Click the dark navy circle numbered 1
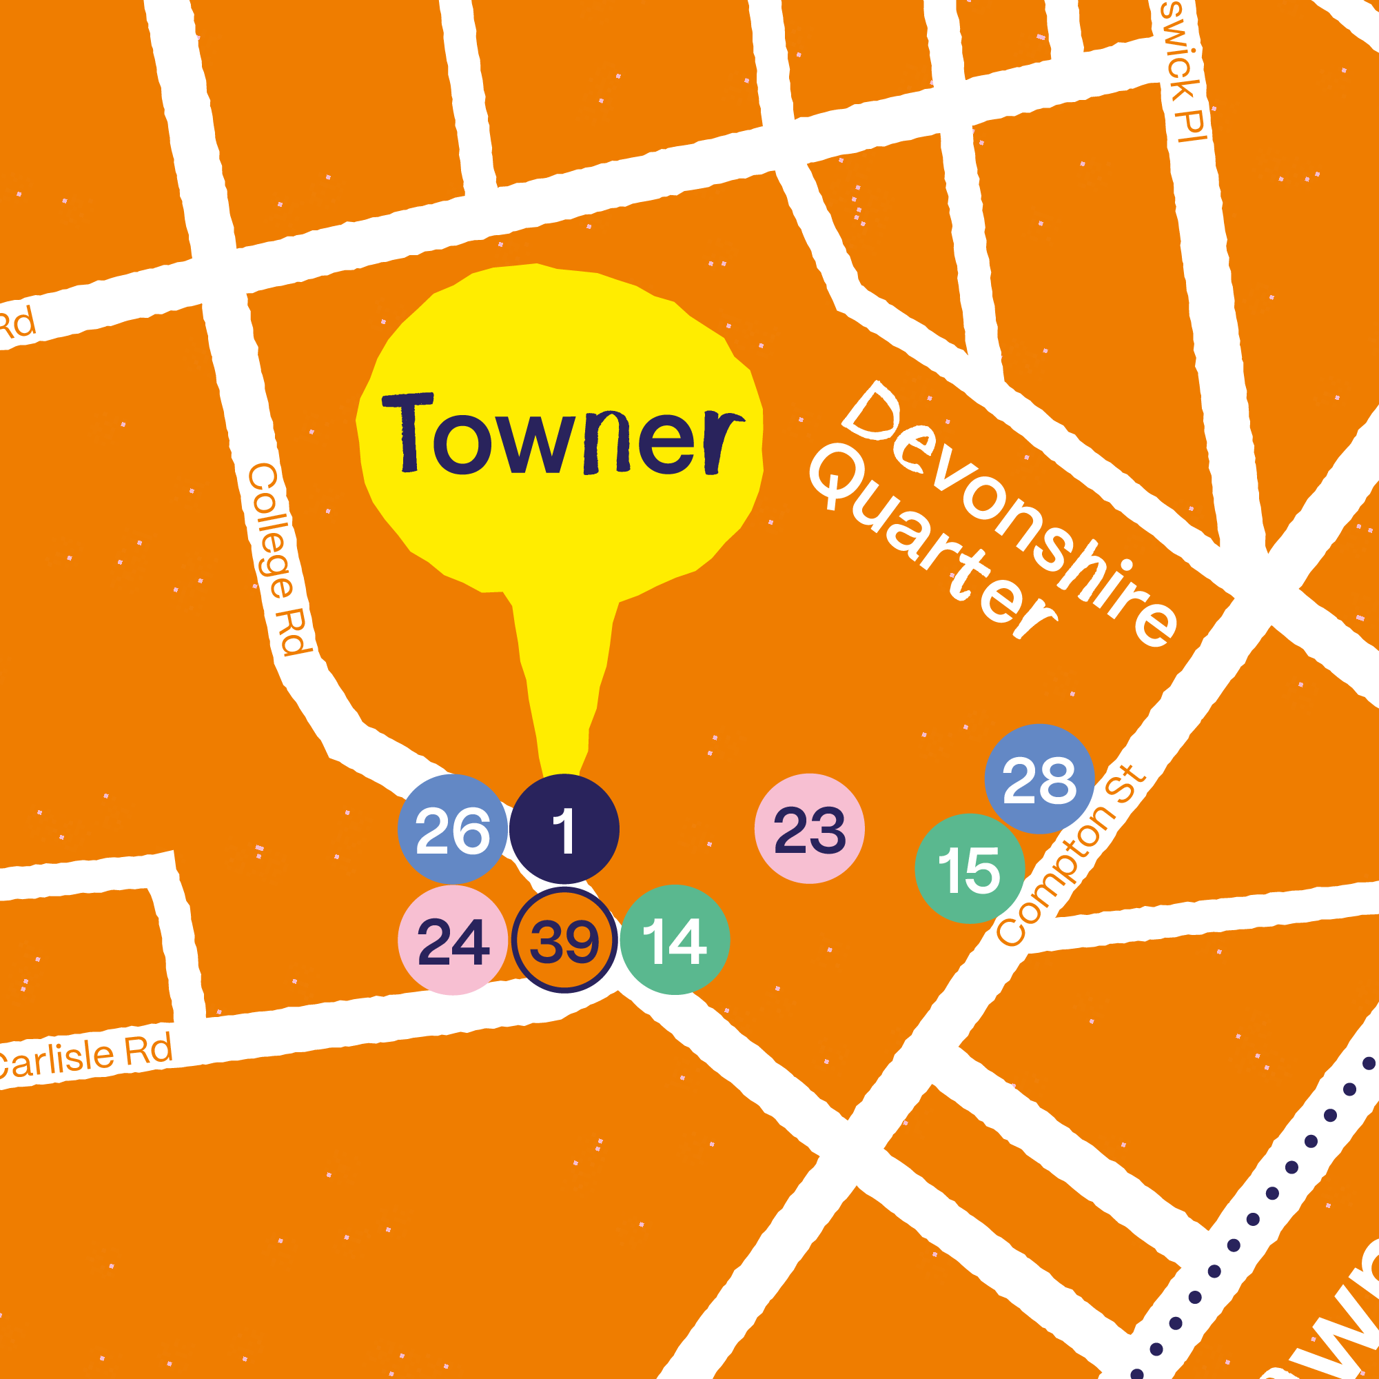(564, 829)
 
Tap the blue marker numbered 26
(453, 829)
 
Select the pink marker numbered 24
(453, 940)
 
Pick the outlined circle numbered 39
(564, 940)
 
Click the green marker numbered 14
(675, 940)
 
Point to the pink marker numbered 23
(809, 828)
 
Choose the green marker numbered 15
(969, 869)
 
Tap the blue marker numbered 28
(1039, 779)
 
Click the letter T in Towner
(408, 433)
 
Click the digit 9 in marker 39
(580, 941)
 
